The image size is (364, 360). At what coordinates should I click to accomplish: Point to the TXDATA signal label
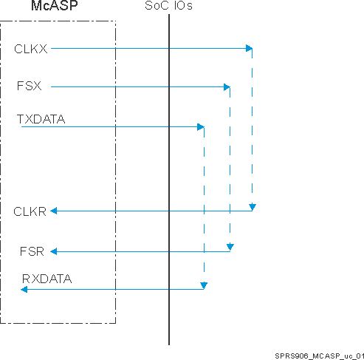click(41, 117)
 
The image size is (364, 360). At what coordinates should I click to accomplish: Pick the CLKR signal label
click(30, 211)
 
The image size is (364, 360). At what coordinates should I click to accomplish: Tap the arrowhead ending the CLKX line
click(249, 49)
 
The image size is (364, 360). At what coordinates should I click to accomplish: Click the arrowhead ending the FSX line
click(227, 87)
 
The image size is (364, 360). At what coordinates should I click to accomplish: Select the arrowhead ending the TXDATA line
click(200, 127)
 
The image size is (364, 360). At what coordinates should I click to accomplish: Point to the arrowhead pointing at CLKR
click(54, 211)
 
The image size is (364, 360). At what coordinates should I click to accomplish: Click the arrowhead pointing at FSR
click(53, 252)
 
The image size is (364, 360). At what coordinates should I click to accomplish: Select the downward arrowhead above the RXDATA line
click(204, 285)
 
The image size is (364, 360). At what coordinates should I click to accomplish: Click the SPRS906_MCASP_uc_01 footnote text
click(315, 354)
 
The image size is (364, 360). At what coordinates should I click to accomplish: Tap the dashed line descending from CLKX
click(253, 126)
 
